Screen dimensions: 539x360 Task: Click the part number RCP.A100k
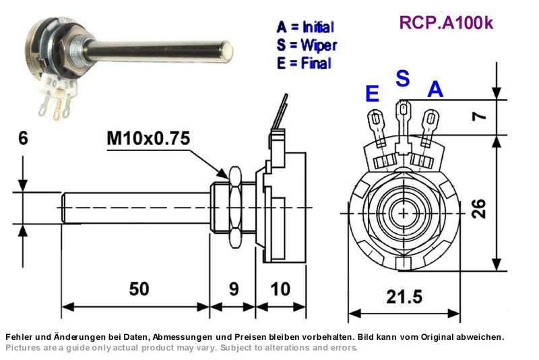(x=446, y=23)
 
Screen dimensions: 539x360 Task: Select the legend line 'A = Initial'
(x=305, y=27)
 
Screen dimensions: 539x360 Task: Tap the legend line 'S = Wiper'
(x=307, y=45)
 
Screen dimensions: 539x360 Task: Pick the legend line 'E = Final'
(x=305, y=63)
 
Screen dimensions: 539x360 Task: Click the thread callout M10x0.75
(x=148, y=138)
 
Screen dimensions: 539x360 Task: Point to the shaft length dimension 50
(x=139, y=289)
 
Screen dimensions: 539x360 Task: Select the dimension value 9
(x=234, y=289)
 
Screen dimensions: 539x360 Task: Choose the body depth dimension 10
(x=280, y=289)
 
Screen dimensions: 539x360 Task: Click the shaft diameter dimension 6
(x=23, y=138)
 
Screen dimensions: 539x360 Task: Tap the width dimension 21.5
(x=404, y=297)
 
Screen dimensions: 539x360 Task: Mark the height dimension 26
(x=479, y=208)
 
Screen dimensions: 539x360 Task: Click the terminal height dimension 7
(x=480, y=116)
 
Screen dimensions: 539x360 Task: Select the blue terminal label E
(x=373, y=94)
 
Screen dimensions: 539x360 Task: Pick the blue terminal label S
(x=403, y=78)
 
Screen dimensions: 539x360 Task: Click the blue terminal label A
(x=435, y=89)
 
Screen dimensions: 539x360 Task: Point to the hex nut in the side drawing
(x=235, y=208)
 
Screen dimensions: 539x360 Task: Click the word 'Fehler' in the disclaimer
(x=17, y=337)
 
